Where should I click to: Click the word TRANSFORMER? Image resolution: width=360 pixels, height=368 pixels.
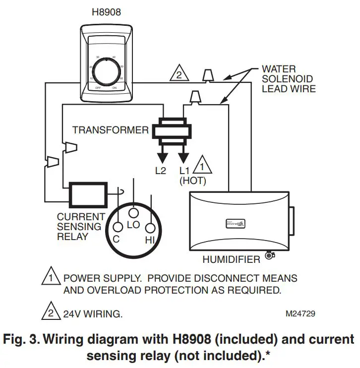click(110, 130)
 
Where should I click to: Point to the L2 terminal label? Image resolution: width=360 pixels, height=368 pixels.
click(160, 171)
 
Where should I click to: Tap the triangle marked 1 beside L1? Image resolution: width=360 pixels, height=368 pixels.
click(203, 165)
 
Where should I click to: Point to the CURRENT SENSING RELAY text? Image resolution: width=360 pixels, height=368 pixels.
click(80, 227)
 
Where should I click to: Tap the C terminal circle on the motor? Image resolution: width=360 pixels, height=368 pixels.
click(118, 227)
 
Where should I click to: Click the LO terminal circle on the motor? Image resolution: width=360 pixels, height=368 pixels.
click(133, 213)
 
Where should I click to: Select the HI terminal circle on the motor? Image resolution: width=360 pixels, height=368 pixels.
click(150, 228)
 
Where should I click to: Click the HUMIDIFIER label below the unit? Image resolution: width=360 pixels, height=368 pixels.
click(231, 259)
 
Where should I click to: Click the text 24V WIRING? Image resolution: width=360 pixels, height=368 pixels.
click(93, 314)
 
